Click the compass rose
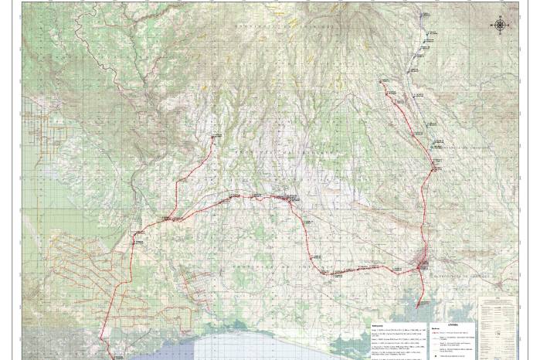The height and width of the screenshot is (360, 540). tap(501, 25)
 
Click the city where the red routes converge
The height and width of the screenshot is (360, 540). tap(420, 266)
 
